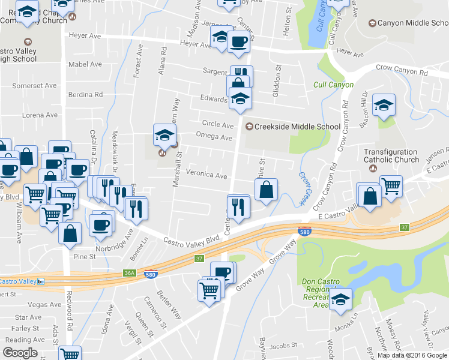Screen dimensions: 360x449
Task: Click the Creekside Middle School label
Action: tap(297, 126)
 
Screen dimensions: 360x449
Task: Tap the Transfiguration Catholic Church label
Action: tap(391, 156)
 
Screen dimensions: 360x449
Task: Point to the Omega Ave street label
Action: tap(214, 137)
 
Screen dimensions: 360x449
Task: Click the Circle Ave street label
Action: tap(217, 125)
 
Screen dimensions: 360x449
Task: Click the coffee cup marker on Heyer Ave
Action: tap(238, 41)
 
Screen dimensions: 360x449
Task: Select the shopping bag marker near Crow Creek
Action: tap(266, 190)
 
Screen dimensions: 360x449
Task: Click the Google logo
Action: tap(20, 353)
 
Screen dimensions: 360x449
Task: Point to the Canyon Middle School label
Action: tap(408, 23)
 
